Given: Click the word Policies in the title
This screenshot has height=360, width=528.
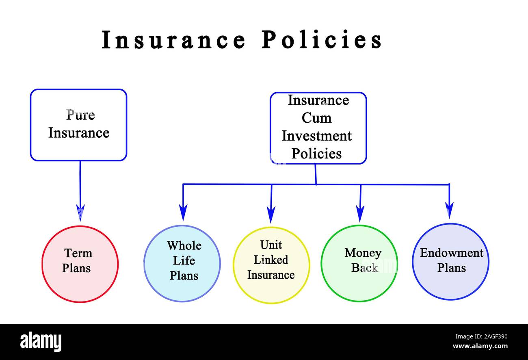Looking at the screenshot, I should [x=321, y=40].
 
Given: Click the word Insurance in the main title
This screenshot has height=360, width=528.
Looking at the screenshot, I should [x=173, y=40].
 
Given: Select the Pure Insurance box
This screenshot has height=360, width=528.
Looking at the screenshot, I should [x=78, y=125].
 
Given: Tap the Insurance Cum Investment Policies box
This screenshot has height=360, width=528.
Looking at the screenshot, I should [x=318, y=128].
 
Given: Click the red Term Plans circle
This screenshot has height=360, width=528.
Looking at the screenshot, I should [x=80, y=264].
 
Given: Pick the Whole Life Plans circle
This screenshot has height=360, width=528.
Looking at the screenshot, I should [x=182, y=263].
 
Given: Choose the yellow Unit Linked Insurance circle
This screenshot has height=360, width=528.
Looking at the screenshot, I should [x=271, y=265].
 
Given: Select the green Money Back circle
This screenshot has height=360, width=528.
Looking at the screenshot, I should [x=359, y=263].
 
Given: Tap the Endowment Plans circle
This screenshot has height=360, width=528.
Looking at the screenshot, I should [x=450, y=262].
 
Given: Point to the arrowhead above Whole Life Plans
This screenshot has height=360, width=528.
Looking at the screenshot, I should [x=183, y=212].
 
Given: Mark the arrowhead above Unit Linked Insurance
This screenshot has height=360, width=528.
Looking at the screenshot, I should [x=271, y=213].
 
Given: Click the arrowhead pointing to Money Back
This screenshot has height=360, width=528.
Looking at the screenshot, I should [x=360, y=213].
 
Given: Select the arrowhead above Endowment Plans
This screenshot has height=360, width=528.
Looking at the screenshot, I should [x=449, y=210].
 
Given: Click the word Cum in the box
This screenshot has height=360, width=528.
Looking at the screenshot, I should [x=316, y=118].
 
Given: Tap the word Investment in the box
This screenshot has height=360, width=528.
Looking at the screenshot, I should [x=316, y=136].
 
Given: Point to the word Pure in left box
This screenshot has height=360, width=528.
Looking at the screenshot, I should [x=80, y=115].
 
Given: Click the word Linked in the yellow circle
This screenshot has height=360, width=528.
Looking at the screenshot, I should [x=271, y=260].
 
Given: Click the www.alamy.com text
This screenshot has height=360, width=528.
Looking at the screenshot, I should [x=480, y=347].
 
